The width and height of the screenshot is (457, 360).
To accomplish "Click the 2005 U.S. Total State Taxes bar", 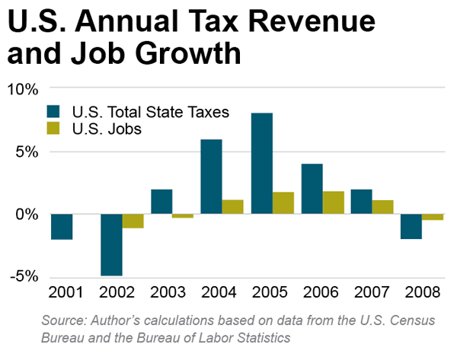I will (x=262, y=164).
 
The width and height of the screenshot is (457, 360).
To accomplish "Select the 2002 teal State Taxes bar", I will (x=111, y=244).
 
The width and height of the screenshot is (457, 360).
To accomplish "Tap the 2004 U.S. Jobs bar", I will (x=232, y=207).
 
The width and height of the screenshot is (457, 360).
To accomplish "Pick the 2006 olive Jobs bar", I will (x=333, y=202).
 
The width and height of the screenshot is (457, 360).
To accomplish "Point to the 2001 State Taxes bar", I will (x=62, y=227).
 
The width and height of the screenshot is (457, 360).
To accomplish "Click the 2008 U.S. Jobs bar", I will (x=433, y=217).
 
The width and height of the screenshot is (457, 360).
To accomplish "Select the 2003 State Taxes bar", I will (x=161, y=202).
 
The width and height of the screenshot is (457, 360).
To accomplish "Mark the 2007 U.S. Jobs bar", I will (x=383, y=207).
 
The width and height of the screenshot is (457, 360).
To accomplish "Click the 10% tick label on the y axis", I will (x=22, y=89).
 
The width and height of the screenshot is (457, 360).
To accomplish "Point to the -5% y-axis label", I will (x=22, y=276).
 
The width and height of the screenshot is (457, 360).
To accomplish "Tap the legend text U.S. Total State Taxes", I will (x=149, y=111).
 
